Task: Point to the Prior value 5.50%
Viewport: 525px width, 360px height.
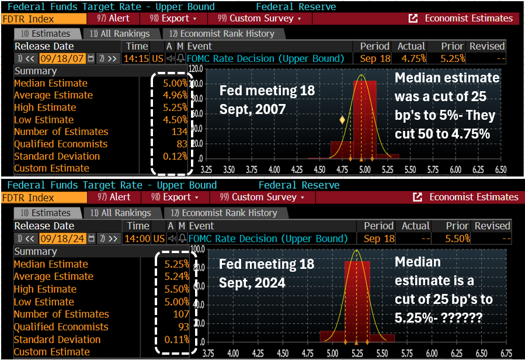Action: point(458,238)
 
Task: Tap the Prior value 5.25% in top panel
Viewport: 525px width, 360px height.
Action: point(453,58)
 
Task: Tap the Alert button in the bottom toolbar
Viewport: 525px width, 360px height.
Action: point(114,198)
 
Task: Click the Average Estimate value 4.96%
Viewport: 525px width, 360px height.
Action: point(176,95)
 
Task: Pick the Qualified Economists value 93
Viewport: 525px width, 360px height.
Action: point(183,327)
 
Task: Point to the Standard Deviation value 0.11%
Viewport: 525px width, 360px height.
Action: point(178,339)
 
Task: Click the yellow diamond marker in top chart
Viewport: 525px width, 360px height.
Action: point(342,120)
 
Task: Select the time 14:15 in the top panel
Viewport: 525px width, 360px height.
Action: point(137,58)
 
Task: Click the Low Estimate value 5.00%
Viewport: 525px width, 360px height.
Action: point(178,302)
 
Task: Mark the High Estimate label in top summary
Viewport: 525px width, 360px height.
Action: point(45,108)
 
